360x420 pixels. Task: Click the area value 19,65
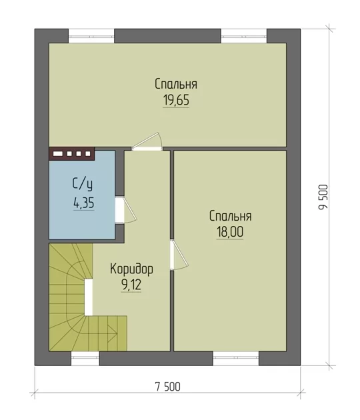click(x=176, y=100)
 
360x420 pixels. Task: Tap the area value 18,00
click(x=230, y=232)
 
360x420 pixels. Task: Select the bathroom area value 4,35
click(x=83, y=203)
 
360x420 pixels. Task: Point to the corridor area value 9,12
click(x=131, y=285)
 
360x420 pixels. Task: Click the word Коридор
click(x=131, y=269)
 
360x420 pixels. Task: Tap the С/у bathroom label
click(x=83, y=184)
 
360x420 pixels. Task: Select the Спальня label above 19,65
click(x=176, y=84)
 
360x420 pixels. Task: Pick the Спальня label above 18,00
click(x=231, y=216)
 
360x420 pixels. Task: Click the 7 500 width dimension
click(x=168, y=387)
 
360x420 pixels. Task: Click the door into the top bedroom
click(x=147, y=142)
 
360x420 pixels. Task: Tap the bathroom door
click(x=126, y=210)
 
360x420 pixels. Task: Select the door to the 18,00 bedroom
click(x=179, y=254)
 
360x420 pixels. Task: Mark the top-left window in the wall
click(x=91, y=35)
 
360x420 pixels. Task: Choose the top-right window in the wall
click(x=244, y=35)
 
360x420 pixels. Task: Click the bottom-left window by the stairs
click(x=85, y=359)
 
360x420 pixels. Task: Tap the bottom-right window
click(x=236, y=359)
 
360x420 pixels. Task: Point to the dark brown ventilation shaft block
click(x=72, y=154)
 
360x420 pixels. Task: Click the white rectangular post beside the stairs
click(x=89, y=297)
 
